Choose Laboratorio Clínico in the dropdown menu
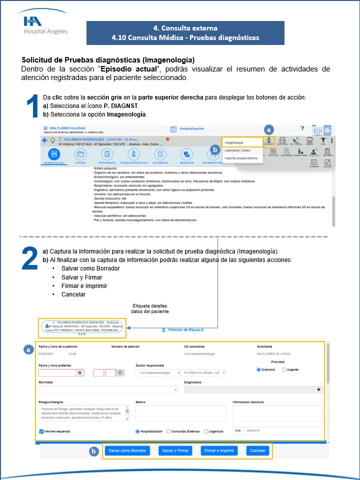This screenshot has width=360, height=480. pyautogui.click(x=237, y=150)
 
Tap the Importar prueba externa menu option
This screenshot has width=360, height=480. pyautogui.click(x=240, y=158)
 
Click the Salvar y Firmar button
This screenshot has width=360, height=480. pyautogui.click(x=175, y=450)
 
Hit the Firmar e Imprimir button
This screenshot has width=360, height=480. pyautogui.click(x=219, y=450)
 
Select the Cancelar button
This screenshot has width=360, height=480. pyautogui.click(x=257, y=450)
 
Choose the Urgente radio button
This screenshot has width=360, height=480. pyautogui.click(x=284, y=369)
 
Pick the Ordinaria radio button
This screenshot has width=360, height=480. pyautogui.click(x=258, y=369)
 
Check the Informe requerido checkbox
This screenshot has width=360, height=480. pyautogui.click(x=41, y=431)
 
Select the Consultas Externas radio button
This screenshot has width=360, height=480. pyautogui.click(x=169, y=431)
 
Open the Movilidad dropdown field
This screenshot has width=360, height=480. pyautogui.click(x=108, y=389)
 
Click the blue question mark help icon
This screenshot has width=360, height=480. pyautogui.click(x=302, y=128)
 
